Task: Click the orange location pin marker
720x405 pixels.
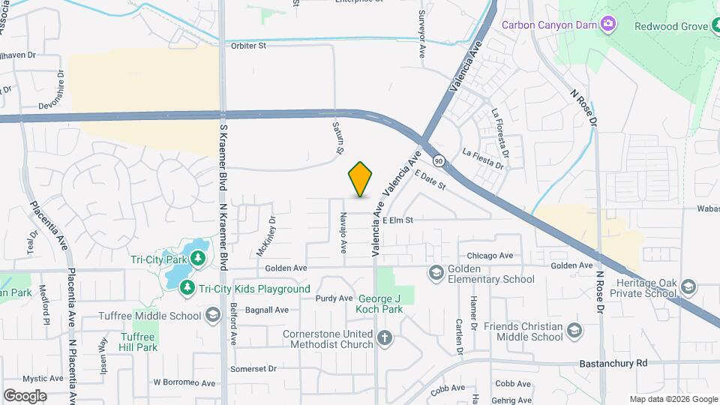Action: pos(361,178)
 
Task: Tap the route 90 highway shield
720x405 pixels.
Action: pos(439,160)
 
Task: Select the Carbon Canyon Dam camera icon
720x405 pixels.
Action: pos(608,25)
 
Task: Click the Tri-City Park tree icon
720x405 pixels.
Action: pos(198,259)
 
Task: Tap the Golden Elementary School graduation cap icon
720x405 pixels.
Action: pos(436,271)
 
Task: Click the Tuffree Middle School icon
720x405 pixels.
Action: pos(213,315)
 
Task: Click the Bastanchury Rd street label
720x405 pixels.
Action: pos(613,363)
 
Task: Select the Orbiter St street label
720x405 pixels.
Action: pos(248,46)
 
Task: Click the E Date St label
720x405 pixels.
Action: pos(430,180)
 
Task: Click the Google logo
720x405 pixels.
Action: pos(25,395)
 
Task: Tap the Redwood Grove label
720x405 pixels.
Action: pos(671,26)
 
